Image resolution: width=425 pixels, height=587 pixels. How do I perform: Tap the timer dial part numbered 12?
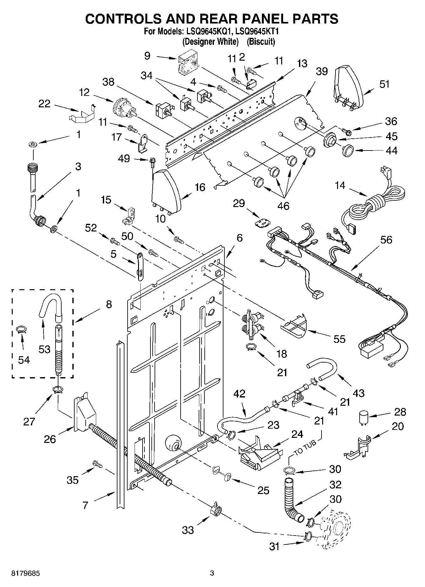pos(124,109)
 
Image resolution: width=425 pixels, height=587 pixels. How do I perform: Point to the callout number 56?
pos(386,240)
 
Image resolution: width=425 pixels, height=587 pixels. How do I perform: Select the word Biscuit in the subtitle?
pos(261,42)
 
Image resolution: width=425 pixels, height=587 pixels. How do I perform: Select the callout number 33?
pos(188,530)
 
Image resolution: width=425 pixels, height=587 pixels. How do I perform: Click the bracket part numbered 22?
pos(82,114)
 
